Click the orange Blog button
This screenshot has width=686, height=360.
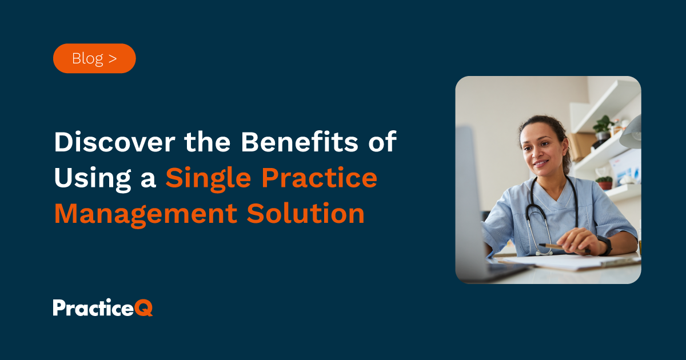click(x=94, y=58)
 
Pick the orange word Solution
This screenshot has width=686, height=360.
click(x=306, y=214)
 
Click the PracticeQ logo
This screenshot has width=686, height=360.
click(x=103, y=308)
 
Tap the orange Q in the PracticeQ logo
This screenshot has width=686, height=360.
click(x=145, y=308)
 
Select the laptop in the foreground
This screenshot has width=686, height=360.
click(x=474, y=217)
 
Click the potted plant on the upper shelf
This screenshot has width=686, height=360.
click(x=603, y=127)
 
